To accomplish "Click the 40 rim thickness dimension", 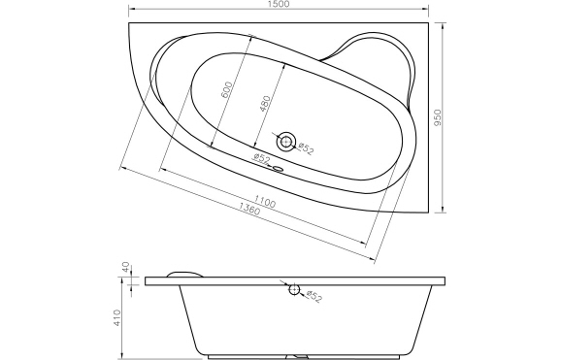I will (125, 267).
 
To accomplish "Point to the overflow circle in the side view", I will (292, 287).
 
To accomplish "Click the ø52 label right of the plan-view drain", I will (306, 148).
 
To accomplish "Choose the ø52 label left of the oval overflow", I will (259, 158).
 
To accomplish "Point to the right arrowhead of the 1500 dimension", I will (426, 14).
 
